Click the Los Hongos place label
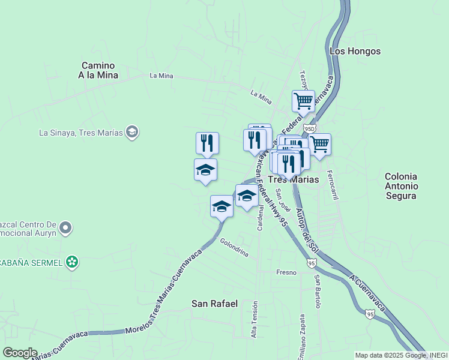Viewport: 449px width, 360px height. tap(355, 52)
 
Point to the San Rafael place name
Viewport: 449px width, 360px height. tap(214, 304)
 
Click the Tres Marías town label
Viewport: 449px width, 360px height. tap(292, 179)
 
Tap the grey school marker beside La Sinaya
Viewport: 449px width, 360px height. tap(133, 132)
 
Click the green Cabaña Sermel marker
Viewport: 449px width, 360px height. tap(72, 261)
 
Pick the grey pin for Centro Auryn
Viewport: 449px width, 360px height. tap(66, 228)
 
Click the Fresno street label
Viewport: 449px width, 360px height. tap(286, 272)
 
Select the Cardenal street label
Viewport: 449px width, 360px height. tap(261, 218)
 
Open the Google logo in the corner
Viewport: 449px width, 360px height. tap(20, 353)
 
